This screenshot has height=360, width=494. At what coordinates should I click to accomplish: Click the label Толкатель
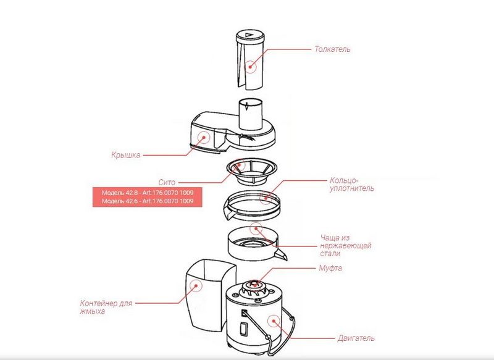[x=332, y=49]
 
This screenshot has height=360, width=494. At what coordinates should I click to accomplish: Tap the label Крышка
[x=127, y=155]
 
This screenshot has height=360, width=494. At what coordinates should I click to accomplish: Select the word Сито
[x=167, y=183]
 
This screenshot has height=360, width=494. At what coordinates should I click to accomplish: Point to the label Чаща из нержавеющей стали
[x=346, y=245]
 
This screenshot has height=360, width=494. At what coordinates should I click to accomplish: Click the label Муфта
[x=330, y=269]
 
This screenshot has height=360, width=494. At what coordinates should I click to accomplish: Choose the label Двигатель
[x=356, y=338]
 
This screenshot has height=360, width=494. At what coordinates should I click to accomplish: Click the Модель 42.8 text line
[x=147, y=192]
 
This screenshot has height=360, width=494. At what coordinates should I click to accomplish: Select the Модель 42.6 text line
[x=147, y=201]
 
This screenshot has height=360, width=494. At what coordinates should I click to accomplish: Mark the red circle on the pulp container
[x=196, y=285]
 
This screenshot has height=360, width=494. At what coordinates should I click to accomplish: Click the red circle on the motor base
[x=272, y=319]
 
